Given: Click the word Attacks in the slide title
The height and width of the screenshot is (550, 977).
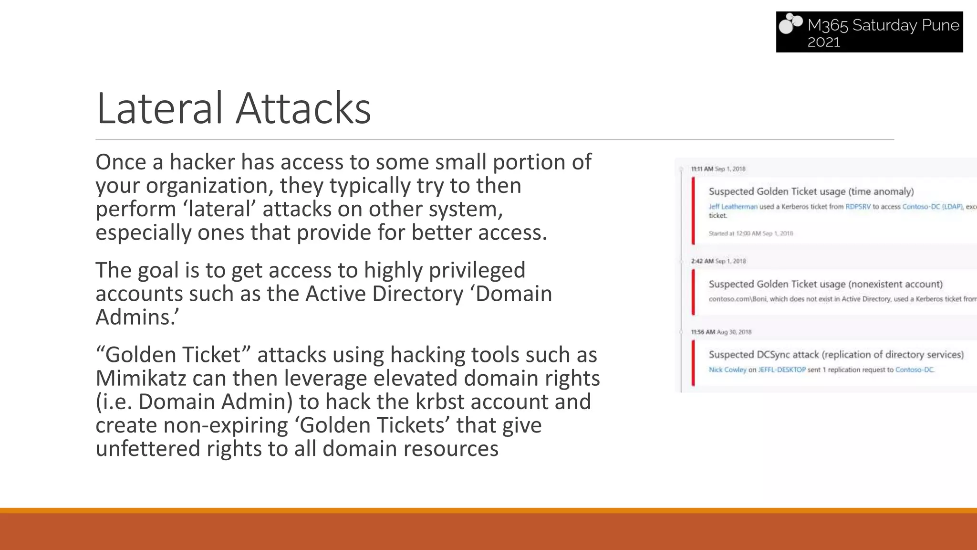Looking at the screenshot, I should [x=303, y=108].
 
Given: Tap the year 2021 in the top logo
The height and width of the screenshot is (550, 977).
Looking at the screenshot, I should [x=823, y=42].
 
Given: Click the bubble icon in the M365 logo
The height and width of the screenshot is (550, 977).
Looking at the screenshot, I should [x=790, y=24].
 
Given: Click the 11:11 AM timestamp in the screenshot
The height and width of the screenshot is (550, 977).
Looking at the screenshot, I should [x=702, y=169].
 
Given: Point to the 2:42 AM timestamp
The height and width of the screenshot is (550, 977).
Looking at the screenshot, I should [x=702, y=261].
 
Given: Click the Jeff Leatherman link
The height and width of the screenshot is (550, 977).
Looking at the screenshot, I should [x=733, y=207].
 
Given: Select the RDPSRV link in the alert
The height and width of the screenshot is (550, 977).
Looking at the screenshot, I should [x=858, y=207].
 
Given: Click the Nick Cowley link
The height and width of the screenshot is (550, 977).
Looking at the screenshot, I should [x=727, y=370].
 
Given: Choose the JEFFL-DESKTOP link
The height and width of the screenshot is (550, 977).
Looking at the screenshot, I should [x=781, y=370].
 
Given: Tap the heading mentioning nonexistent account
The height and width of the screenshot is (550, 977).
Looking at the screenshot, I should [x=825, y=284].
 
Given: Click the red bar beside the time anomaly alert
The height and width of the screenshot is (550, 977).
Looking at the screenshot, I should [x=693, y=211].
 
